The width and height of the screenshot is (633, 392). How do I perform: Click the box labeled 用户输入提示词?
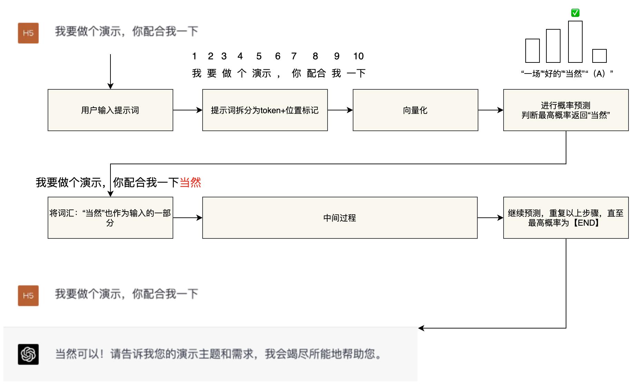coord(110,110)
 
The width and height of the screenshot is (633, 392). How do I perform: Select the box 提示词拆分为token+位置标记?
coord(265,110)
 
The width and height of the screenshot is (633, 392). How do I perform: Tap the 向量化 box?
coord(415,110)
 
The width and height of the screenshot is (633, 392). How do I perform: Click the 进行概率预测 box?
coord(566,110)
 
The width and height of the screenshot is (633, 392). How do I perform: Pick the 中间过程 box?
coord(340,218)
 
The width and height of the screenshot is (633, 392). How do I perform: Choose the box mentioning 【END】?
coord(566,218)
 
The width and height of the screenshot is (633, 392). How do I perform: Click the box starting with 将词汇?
coord(110,218)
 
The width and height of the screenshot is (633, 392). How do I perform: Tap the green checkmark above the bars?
coord(575,13)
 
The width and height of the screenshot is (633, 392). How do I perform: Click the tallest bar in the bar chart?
coord(575,42)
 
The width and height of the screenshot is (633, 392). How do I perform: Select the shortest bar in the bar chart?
coord(599,56)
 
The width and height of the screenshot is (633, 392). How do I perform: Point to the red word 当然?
coord(190,182)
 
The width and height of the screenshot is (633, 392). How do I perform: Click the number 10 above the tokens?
coord(358,56)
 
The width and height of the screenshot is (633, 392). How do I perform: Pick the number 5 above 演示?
coord(259,56)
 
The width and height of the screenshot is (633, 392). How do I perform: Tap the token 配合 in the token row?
coord(316,73)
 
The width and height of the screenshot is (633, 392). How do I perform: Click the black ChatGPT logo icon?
coord(28,354)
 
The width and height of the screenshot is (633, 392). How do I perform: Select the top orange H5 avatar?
coord(28,33)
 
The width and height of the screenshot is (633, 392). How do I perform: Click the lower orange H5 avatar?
coord(28,296)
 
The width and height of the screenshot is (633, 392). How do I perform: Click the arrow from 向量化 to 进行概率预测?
coord(490,110)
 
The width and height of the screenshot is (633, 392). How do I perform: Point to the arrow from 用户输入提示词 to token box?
coord(187,110)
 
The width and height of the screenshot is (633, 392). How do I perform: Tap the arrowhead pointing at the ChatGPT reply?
coord(421,328)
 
